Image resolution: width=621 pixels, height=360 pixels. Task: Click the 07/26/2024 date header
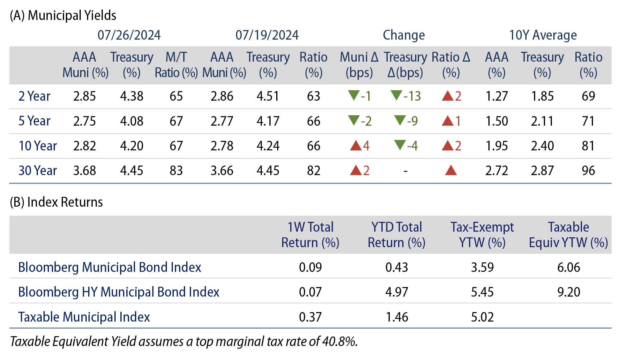[x=129, y=35]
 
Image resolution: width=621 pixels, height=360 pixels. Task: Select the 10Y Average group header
[x=543, y=35]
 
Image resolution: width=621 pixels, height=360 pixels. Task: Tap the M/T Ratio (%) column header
[x=176, y=65]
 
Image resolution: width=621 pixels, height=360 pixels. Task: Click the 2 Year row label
[x=34, y=96]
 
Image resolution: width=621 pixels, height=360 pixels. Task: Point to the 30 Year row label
[x=38, y=171]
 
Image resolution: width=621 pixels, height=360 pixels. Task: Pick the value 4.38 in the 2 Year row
[x=132, y=96]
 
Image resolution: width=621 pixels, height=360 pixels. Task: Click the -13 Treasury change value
[x=412, y=96]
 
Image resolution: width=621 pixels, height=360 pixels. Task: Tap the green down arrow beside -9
[x=400, y=120]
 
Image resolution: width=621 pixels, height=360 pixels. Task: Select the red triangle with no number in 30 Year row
[x=451, y=170]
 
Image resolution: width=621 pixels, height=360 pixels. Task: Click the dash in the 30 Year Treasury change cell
[x=405, y=171]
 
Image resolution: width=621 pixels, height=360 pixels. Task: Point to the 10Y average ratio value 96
[x=588, y=171]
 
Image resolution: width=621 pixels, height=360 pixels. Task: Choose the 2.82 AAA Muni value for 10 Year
[x=85, y=146]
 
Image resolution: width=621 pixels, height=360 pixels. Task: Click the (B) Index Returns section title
[x=56, y=202]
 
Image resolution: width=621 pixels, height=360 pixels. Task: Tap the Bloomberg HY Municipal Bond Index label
[x=119, y=292]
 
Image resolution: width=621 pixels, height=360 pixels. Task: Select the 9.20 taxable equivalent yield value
[x=569, y=292]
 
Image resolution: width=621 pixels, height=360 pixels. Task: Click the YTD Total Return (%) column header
[x=396, y=235]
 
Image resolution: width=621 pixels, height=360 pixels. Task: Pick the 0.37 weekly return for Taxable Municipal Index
[x=310, y=317]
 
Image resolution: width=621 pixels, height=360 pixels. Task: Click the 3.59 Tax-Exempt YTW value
[x=482, y=267]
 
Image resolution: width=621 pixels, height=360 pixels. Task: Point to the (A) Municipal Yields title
[x=63, y=15]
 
